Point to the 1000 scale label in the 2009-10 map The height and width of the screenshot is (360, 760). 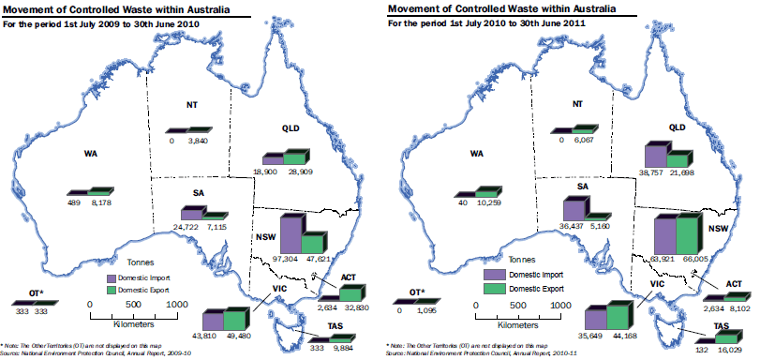click(x=175, y=305)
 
